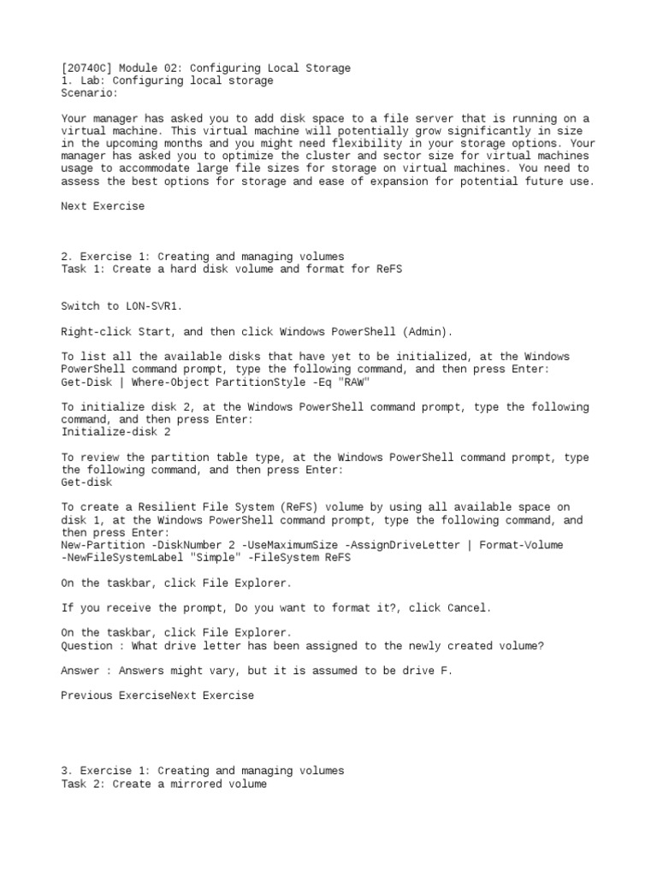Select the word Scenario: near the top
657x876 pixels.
pyautogui.click(x=90, y=93)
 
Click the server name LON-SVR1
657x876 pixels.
pyautogui.click(x=154, y=306)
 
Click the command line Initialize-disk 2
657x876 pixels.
pyautogui.click(x=116, y=432)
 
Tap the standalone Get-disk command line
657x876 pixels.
pyautogui.click(x=86, y=482)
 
